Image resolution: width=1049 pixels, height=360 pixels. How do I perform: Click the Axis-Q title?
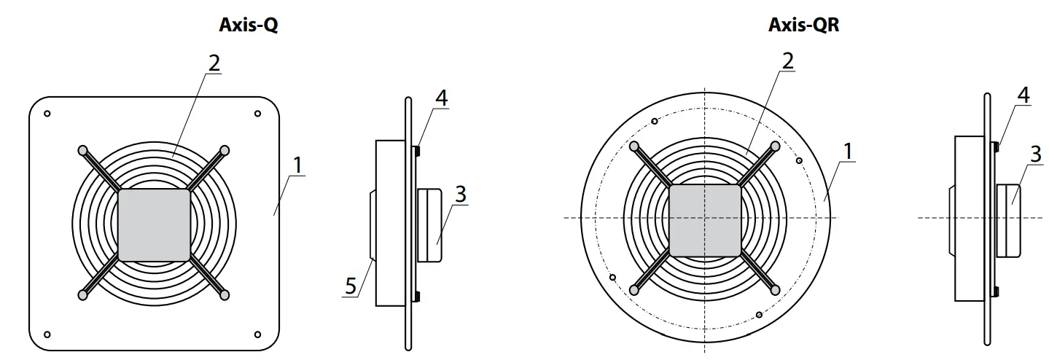(249, 26)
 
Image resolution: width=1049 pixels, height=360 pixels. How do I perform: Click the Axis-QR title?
(804, 26)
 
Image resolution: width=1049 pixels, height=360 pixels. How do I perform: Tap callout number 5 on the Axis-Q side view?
(351, 286)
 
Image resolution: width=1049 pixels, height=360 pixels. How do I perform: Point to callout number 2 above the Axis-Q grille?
(213, 63)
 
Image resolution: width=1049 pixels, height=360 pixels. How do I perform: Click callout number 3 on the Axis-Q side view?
(459, 195)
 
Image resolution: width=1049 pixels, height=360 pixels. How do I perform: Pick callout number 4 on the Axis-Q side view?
(441, 98)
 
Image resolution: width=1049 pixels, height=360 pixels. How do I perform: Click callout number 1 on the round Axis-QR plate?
(847, 151)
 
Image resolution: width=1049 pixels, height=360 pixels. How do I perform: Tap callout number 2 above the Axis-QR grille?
(787, 61)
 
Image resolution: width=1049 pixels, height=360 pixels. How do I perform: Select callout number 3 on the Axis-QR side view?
(1035, 154)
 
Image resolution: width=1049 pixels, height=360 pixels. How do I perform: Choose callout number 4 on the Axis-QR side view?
(1023, 95)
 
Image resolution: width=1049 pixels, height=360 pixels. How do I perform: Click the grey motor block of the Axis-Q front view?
(154, 225)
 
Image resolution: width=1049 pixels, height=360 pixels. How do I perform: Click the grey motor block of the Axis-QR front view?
(705, 220)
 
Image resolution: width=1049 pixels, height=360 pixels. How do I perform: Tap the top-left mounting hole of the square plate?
(47, 114)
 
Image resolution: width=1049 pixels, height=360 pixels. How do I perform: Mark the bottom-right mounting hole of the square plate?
(257, 334)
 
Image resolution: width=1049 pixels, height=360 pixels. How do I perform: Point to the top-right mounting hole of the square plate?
(257, 114)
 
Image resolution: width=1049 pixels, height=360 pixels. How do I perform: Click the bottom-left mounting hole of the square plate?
(47, 334)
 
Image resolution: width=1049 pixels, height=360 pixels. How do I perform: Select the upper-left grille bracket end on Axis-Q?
(82, 150)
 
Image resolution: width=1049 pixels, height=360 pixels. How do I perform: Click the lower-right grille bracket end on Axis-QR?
(776, 290)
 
